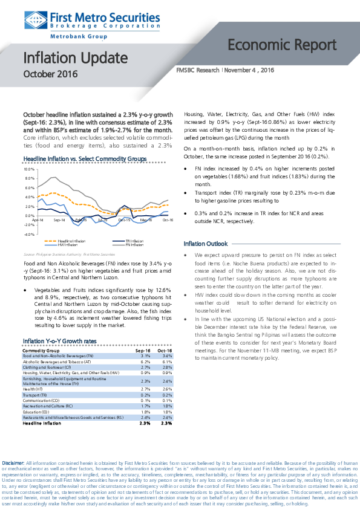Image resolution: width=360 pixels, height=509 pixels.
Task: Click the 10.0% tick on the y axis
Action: pyautogui.click(x=28, y=169)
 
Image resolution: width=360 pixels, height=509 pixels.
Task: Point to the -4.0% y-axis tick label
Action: pyautogui.click(x=28, y=233)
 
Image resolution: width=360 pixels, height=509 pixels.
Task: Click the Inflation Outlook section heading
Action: pyautogui.click(x=205, y=243)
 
